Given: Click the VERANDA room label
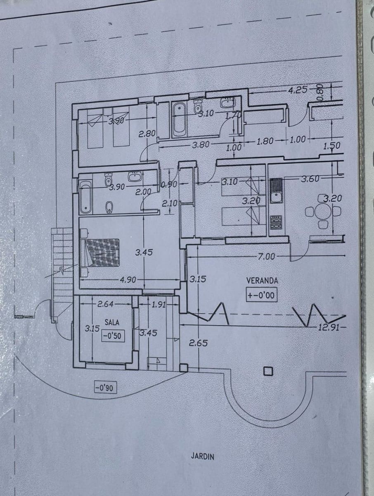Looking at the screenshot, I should [x=262, y=280].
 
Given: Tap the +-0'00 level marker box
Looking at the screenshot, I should [x=261, y=296].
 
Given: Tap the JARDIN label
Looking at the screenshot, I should [x=202, y=456].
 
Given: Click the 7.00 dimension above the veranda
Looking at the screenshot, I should [x=266, y=257].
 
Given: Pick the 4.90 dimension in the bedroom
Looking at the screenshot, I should [x=128, y=280].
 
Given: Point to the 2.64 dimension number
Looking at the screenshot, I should [x=106, y=304].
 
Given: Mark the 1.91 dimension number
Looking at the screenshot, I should [x=159, y=304].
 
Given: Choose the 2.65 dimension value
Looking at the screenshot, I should [x=198, y=343].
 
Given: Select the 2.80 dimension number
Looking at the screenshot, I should [x=147, y=134].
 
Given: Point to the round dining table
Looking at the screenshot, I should [x=323, y=212].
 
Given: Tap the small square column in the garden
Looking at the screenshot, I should [x=268, y=371].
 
